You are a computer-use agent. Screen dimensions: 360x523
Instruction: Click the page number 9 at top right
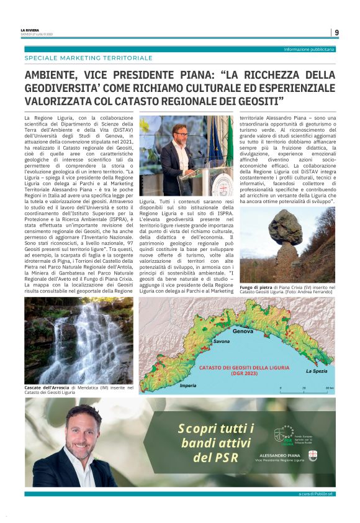(336, 32)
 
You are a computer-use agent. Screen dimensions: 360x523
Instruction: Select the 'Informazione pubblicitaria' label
(308, 49)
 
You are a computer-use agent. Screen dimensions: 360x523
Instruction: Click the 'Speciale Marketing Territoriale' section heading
(88, 58)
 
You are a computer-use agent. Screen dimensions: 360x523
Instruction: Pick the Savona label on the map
(222, 342)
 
